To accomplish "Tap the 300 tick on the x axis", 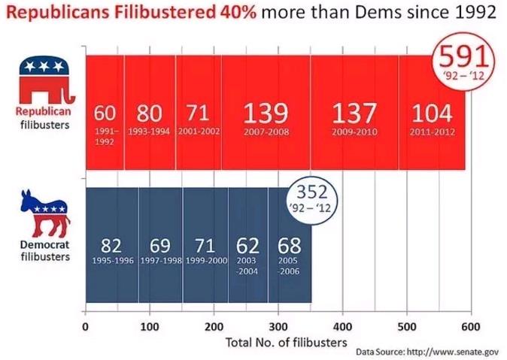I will tap(278, 326).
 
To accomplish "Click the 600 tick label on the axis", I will tap(471, 326).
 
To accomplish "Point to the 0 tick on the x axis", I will tap(86, 326).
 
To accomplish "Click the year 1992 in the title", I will tap(470, 14).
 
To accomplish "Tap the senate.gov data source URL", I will tap(452, 351).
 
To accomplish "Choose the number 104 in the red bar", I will tap(432, 113).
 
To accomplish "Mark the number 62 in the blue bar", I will tap(247, 246).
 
